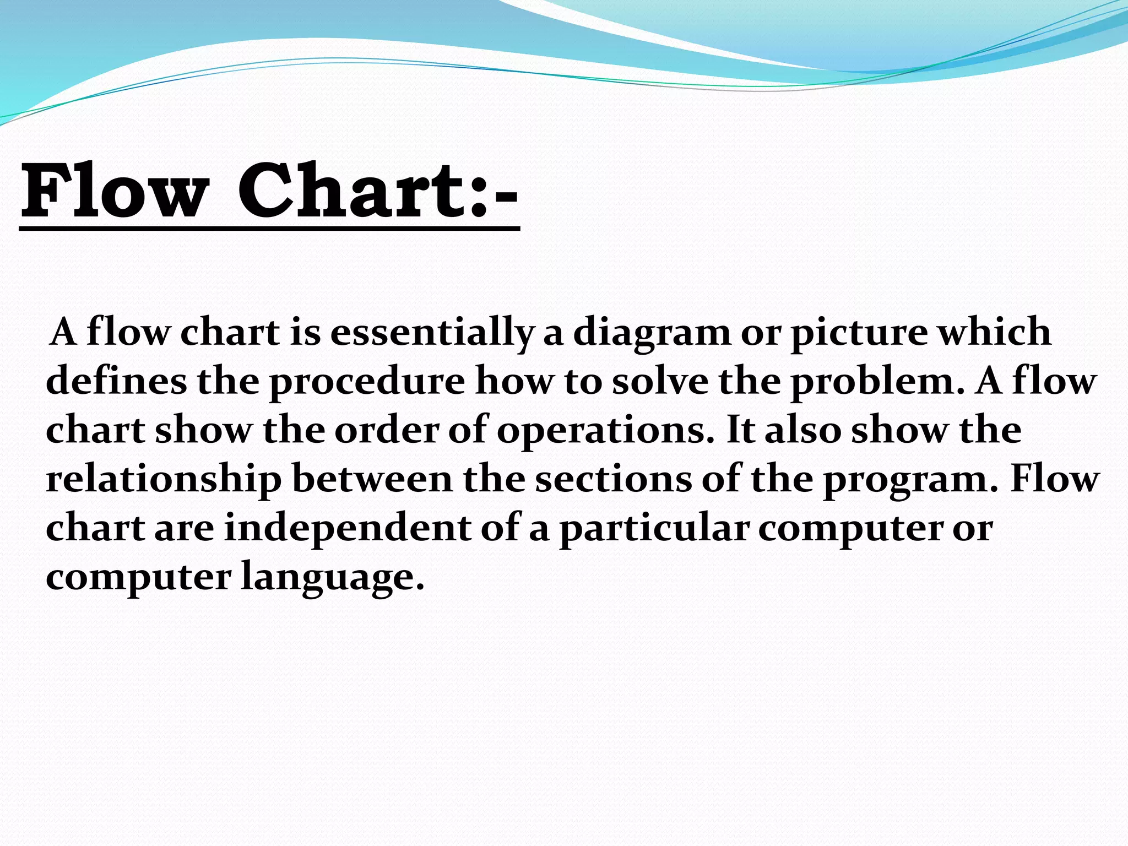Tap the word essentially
click(431, 333)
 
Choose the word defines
click(116, 381)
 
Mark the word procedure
click(367, 381)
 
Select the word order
click(386, 430)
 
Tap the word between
click(372, 479)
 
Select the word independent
click(348, 528)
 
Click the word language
click(333, 577)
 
